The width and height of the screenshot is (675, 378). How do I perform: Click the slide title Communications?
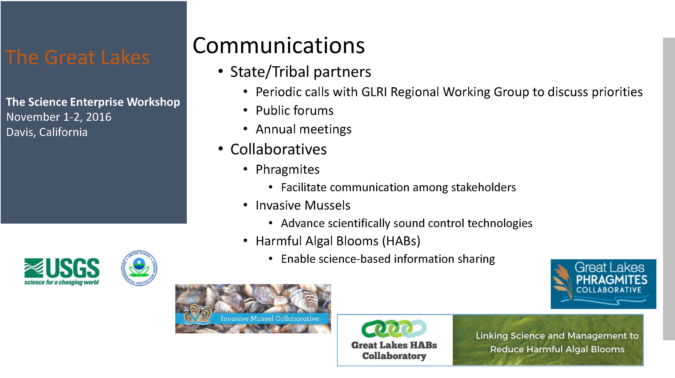click(279, 45)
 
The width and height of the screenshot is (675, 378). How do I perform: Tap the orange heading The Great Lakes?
click(77, 57)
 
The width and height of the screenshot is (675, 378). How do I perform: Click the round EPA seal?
click(139, 268)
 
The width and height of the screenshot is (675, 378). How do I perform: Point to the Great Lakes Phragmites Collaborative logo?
click(603, 284)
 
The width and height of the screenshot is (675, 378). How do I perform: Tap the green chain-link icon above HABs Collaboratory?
click(394, 329)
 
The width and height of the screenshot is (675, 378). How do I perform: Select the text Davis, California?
click(47, 132)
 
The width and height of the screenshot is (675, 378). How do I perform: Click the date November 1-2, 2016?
click(59, 117)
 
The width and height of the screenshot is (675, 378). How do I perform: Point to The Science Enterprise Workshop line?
click(93, 102)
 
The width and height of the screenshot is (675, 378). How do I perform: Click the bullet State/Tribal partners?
click(300, 72)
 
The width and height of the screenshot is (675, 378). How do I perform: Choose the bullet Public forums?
click(294, 110)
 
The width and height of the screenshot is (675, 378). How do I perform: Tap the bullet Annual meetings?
click(303, 129)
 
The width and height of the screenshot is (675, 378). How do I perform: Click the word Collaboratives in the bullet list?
click(279, 149)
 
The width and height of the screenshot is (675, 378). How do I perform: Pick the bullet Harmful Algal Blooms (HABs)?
click(338, 241)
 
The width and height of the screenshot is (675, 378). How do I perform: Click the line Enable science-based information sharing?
click(388, 259)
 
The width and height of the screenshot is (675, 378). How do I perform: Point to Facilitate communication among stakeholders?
click(398, 187)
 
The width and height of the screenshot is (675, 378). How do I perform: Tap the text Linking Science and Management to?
click(557, 336)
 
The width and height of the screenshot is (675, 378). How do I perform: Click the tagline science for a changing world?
click(62, 282)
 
